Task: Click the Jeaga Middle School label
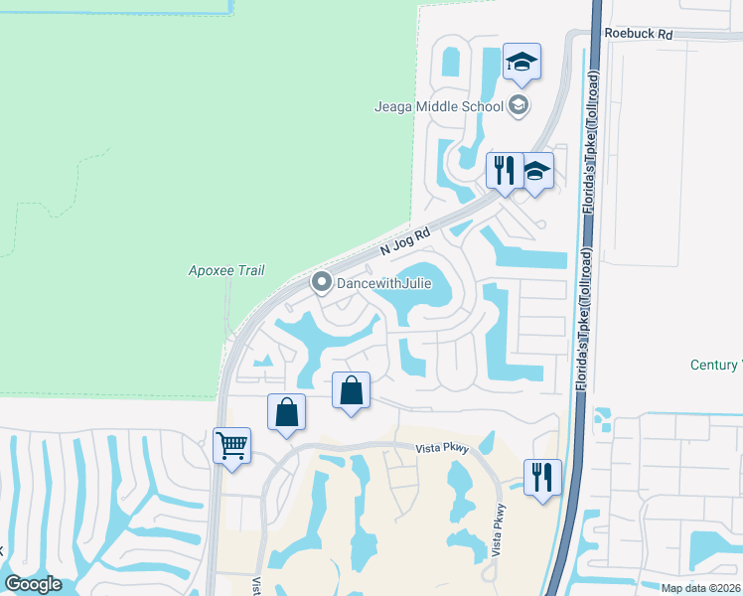tap(438, 106)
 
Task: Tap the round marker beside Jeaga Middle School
tap(517, 105)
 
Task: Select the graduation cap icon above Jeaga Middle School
tap(521, 62)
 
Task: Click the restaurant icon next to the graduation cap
tap(504, 170)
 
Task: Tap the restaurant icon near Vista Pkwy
tap(542, 478)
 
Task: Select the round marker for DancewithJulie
tap(321, 284)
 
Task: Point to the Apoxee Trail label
tap(220, 270)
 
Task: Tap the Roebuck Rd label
tap(638, 34)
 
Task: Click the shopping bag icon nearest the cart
tap(286, 412)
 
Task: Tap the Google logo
tap(33, 584)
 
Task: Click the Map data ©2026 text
tap(700, 588)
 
